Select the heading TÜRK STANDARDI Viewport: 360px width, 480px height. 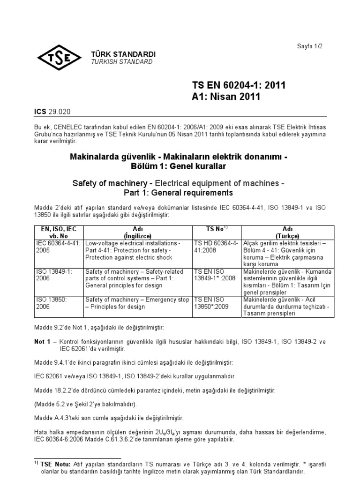[123, 54]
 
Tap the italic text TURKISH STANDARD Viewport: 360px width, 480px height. [122, 62]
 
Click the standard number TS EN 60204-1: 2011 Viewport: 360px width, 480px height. [239, 85]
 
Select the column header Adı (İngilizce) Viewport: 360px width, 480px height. [138, 232]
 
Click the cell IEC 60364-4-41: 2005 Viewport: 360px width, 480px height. [59, 247]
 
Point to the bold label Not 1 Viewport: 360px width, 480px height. [42, 342]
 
